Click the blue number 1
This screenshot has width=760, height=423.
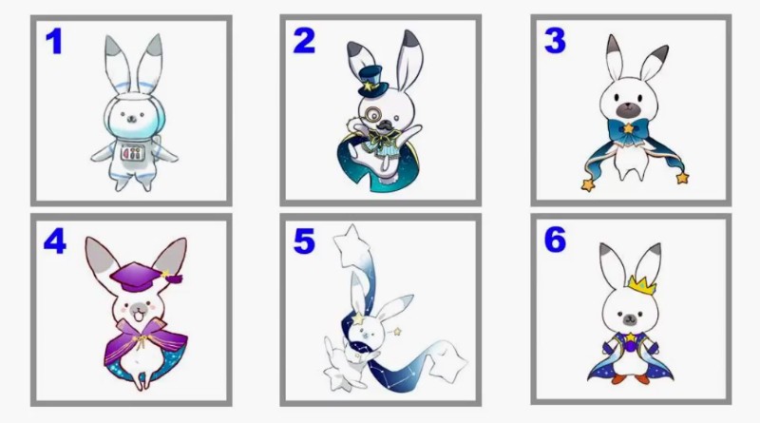tap(54, 41)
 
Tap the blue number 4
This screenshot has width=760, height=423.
tap(55, 241)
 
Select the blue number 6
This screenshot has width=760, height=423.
tap(555, 240)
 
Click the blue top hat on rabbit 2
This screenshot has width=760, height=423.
tap(372, 81)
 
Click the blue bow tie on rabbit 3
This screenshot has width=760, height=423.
tap(629, 131)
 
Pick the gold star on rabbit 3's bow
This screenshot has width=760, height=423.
tap(629, 128)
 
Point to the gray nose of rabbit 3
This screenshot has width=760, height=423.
tap(629, 108)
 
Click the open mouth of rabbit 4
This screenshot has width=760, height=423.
tap(138, 317)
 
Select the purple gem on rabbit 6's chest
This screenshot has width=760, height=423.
tap(630, 346)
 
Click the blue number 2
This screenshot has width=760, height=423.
tap(304, 41)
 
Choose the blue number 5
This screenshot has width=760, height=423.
tap(304, 241)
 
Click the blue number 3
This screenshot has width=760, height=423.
tap(555, 41)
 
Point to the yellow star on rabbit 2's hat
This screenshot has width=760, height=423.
tap(369, 87)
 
